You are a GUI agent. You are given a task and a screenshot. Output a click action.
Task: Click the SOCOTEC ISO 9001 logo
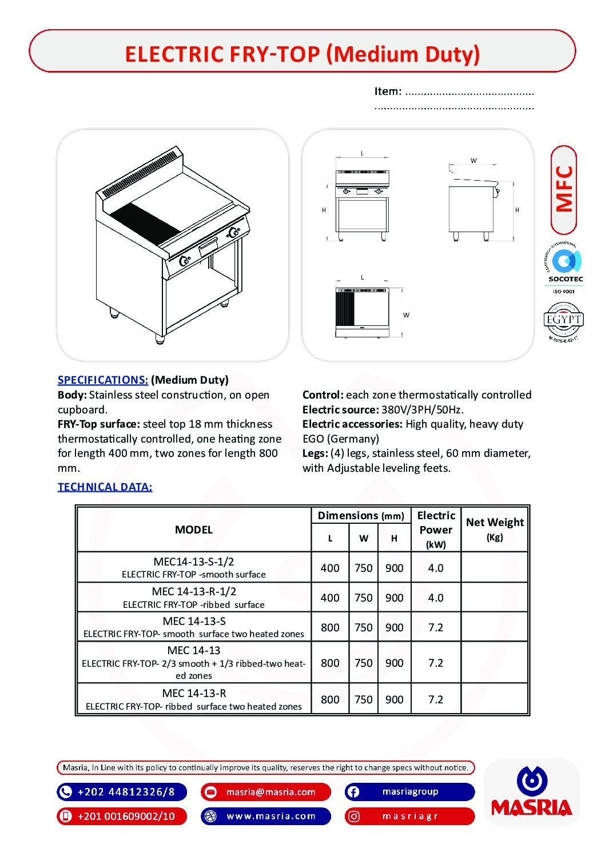pyautogui.click(x=565, y=267)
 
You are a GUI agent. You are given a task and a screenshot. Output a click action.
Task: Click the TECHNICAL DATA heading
pyautogui.click(x=105, y=487)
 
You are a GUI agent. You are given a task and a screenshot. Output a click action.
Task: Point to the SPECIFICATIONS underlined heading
pyautogui.click(x=103, y=380)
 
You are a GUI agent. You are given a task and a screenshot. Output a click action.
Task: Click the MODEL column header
pyautogui.click(x=194, y=529)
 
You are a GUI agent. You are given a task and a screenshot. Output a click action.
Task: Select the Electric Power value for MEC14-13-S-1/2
pyautogui.click(x=436, y=568)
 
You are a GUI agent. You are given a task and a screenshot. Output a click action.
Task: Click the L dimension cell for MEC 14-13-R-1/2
pyautogui.click(x=330, y=598)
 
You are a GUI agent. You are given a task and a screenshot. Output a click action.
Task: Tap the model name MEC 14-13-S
pyautogui.click(x=194, y=621)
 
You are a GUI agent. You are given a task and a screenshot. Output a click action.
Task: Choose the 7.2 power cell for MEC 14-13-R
pyautogui.click(x=436, y=699)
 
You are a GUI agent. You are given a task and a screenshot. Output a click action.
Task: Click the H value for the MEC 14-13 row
pyautogui.click(x=394, y=663)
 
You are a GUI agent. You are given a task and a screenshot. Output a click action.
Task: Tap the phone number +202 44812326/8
pyautogui.click(x=126, y=792)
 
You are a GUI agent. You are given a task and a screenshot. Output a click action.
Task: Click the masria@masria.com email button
pyautogui.click(x=270, y=792)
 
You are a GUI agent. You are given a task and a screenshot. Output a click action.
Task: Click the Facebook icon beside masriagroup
pyautogui.click(x=353, y=792)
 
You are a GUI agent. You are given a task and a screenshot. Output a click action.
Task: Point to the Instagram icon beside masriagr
pyautogui.click(x=354, y=816)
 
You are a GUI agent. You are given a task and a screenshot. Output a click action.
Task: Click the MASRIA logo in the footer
pyautogui.click(x=531, y=793)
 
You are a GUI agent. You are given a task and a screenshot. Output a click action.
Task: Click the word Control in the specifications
pyautogui.click(x=323, y=395)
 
